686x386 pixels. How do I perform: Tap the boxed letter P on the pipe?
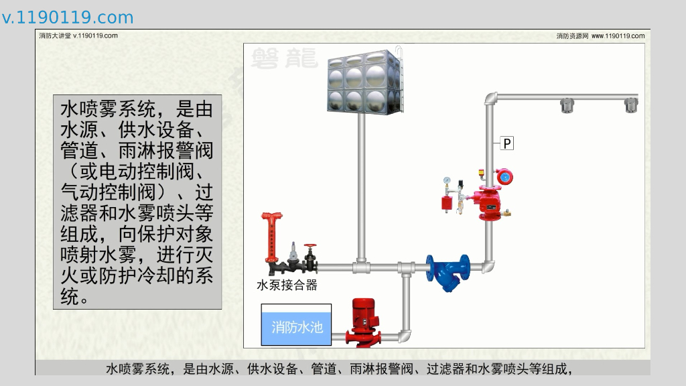click(507, 143)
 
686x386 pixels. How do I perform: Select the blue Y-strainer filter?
click(448, 271)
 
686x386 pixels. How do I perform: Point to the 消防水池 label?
click(297, 327)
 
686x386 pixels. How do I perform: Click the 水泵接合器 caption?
click(287, 285)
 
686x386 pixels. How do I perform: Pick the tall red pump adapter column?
click(271, 238)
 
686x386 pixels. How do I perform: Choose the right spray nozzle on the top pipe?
click(630, 105)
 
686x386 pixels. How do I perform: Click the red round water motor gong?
click(504, 177)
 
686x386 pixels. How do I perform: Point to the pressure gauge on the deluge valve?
click(448, 180)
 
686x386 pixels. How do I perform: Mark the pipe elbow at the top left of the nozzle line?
click(490, 99)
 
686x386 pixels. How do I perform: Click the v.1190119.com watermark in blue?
click(68, 17)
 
